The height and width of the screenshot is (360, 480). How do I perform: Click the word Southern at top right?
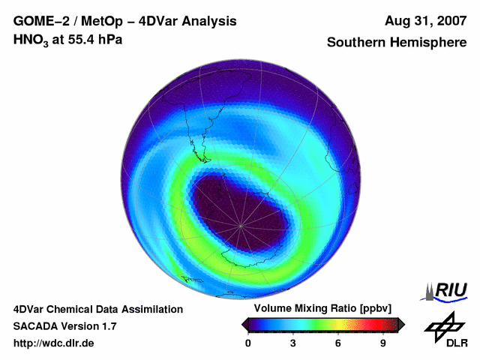(356, 43)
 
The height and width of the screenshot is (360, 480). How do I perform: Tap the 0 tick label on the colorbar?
(248, 343)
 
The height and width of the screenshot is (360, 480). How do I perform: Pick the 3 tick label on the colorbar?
(293, 343)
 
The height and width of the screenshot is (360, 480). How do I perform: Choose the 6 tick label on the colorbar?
(338, 343)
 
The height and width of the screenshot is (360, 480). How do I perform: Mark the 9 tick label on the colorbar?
(383, 343)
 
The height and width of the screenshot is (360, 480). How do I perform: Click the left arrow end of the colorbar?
(244, 324)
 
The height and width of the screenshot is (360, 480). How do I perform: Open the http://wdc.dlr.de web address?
(53, 343)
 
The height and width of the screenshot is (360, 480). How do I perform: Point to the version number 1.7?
(107, 326)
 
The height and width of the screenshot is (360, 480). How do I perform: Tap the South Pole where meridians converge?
(241, 225)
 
